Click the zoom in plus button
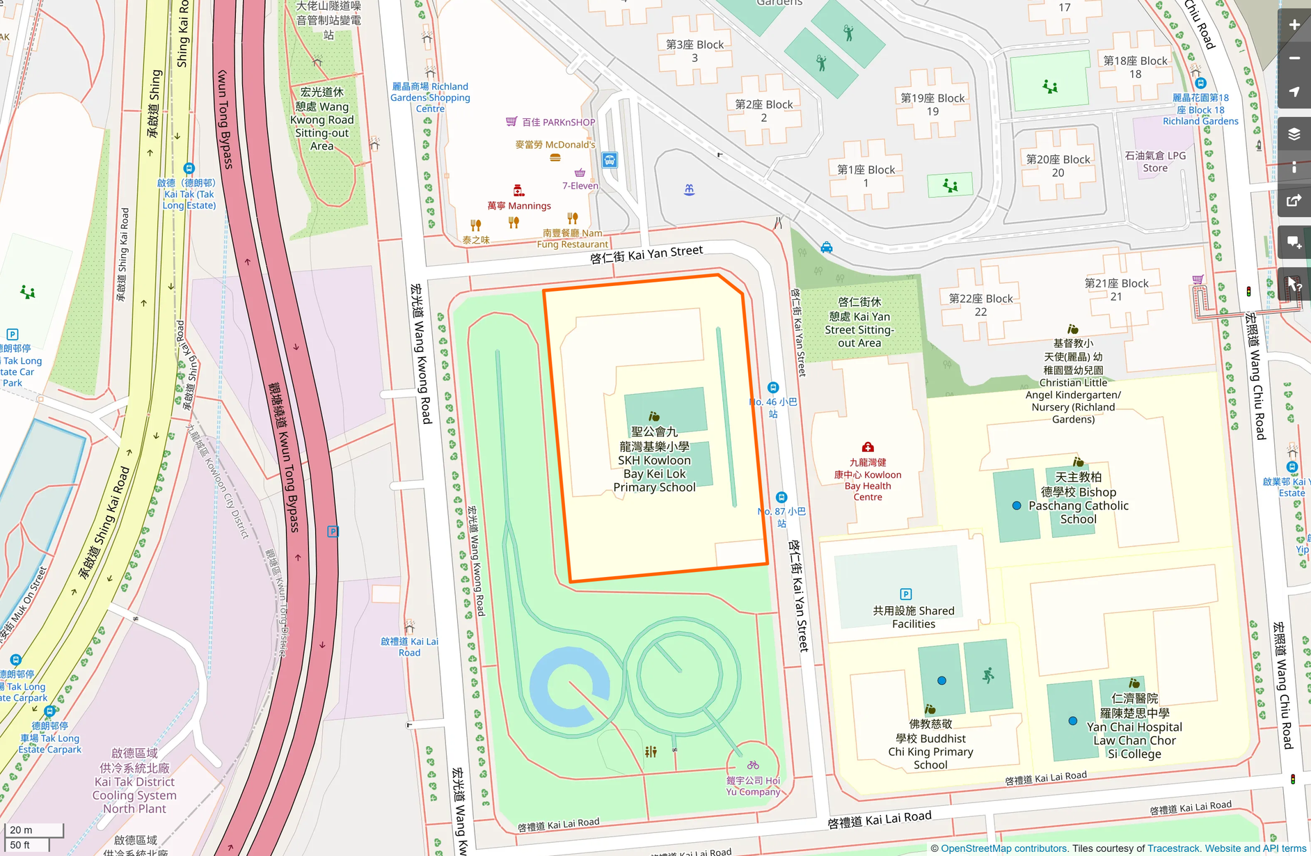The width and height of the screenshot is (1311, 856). coord(1294,25)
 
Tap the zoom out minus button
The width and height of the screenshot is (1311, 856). coord(1294,58)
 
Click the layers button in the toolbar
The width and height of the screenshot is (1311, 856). coord(1294,134)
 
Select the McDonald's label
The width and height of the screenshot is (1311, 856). coord(555,145)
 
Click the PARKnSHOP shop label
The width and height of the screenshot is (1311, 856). coord(558,122)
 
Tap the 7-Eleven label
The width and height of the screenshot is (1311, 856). coord(580,185)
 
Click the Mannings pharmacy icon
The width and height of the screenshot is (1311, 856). coord(518,191)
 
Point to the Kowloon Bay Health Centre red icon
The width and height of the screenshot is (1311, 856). coord(868,447)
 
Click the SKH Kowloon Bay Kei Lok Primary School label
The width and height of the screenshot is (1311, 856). coord(654,459)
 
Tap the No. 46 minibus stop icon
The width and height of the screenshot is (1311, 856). coord(773,388)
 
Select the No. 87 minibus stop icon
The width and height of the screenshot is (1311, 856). coord(781,498)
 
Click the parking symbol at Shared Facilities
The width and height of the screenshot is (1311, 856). coord(905,594)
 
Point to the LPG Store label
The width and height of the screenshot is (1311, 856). coord(1155,161)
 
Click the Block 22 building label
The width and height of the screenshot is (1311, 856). coord(980,305)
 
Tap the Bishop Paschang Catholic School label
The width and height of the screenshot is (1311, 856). coord(1078,498)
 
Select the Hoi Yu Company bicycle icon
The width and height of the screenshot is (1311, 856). coord(753,765)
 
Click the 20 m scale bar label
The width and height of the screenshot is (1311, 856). coord(22,830)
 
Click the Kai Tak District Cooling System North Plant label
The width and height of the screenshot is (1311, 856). coord(134,781)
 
